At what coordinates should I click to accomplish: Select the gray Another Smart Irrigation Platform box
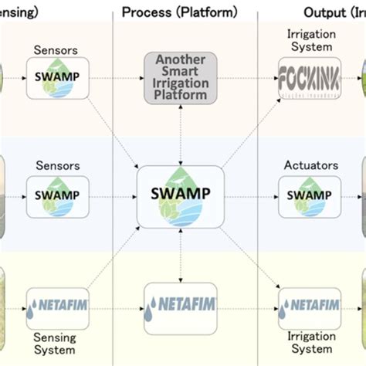tap(181, 78)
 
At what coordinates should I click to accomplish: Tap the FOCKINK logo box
tap(309, 79)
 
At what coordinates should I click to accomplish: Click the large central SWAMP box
tap(181, 195)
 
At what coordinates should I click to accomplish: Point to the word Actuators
tap(309, 164)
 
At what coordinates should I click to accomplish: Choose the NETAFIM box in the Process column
tap(181, 309)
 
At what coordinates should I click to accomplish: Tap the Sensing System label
tap(54, 344)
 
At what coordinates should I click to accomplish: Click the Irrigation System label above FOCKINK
tap(309, 40)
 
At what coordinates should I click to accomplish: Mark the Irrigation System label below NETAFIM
tap(309, 344)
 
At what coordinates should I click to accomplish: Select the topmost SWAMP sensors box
tap(54, 78)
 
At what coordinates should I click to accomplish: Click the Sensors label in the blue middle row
tap(54, 164)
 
